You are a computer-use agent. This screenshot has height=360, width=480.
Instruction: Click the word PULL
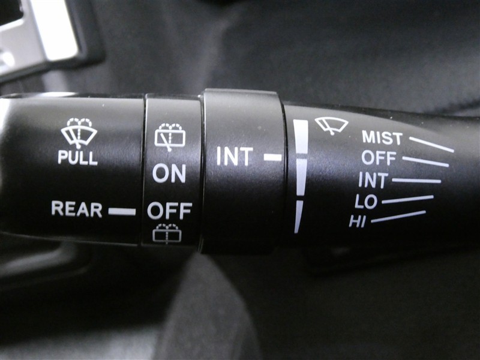point(78,158)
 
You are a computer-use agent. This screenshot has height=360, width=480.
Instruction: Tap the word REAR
point(77,209)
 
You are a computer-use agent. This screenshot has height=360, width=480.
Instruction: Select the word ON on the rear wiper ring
point(169,173)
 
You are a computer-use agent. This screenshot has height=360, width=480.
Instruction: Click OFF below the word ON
point(170,211)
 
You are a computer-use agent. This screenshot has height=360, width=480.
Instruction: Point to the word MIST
point(382,138)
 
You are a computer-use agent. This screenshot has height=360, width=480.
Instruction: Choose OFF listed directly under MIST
point(379,158)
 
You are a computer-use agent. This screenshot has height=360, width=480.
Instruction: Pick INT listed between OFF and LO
point(373,179)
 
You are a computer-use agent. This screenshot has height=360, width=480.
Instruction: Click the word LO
point(366,201)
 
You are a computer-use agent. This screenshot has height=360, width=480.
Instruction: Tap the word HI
point(358,221)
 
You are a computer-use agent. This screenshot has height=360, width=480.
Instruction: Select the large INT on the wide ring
point(235,156)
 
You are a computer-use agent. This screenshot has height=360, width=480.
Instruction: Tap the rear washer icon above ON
point(170,137)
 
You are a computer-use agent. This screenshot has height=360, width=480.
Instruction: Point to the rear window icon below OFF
point(167,233)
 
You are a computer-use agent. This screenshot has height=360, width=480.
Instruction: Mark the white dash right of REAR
point(122,212)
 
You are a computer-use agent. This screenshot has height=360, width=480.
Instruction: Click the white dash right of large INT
point(273,157)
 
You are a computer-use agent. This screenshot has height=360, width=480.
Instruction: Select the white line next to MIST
point(431,144)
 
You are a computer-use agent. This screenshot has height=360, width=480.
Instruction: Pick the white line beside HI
point(398,217)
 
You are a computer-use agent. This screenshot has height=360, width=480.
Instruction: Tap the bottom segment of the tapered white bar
point(298,217)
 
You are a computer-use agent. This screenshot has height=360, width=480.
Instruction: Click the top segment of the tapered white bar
point(301,137)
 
